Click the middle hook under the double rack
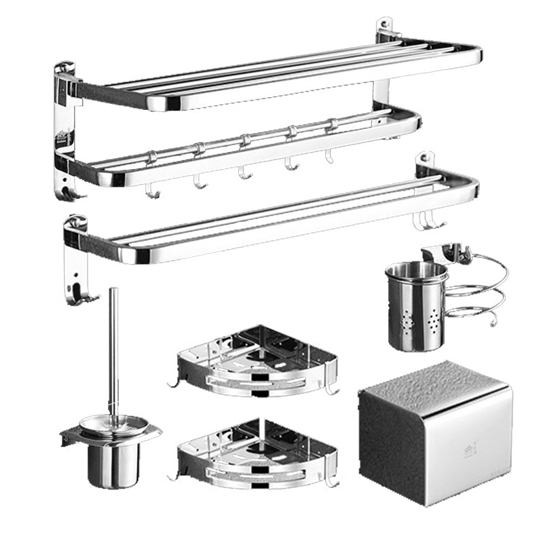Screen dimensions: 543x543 (242, 174)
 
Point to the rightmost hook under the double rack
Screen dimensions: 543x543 (330, 158)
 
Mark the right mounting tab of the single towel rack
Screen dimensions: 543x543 (425, 163)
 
